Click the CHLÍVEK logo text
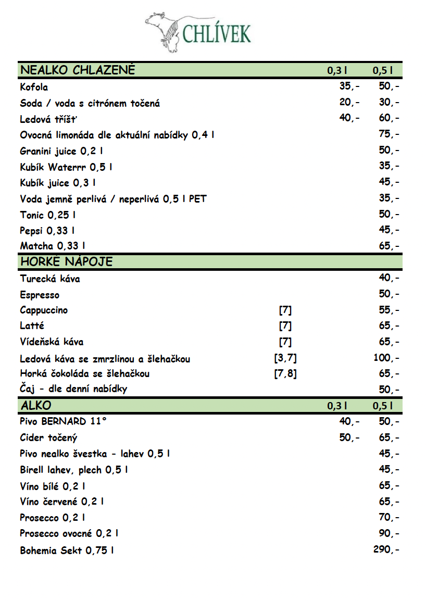217,33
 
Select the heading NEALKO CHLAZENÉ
78,70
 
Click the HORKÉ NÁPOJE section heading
66,261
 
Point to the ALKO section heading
36,405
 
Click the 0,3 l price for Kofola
349,86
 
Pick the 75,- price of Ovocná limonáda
389,134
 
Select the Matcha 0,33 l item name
53,246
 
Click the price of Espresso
389,294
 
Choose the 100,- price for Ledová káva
386,358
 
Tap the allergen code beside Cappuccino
285,310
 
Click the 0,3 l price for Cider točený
349,437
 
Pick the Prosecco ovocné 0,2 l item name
69,533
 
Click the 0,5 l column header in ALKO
382,406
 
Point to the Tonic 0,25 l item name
51,215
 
